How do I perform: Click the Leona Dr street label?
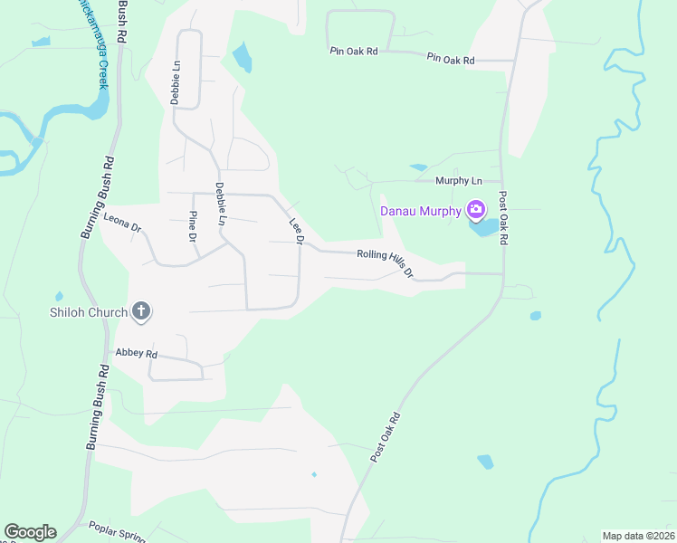122,224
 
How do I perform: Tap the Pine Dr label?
192,226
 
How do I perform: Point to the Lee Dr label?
295,230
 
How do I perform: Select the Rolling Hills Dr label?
385,263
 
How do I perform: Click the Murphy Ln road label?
459,181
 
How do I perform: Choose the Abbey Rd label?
137,353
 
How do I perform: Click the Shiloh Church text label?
88,313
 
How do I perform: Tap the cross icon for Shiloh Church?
140,312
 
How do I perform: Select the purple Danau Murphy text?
420,212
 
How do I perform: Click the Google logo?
30,532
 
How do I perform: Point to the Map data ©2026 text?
638,536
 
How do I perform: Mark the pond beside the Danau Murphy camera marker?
487,226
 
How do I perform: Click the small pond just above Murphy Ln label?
418,167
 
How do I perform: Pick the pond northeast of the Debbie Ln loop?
242,58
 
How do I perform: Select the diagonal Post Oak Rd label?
385,439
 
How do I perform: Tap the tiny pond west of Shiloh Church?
59,296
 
